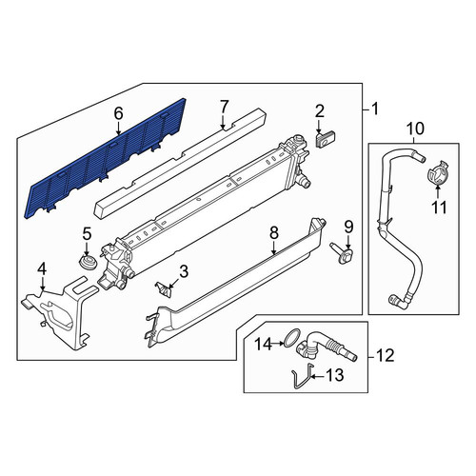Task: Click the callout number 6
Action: pos(118,113)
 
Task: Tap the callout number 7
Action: pos(224,107)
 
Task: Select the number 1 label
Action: pos(375,109)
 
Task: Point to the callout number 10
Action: pos(415,129)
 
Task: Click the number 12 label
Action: pos(385,355)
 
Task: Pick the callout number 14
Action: pos(265,344)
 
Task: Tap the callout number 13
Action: pos(334,375)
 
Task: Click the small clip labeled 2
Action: pos(326,139)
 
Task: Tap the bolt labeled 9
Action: pos(340,256)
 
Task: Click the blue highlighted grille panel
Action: pos(105,159)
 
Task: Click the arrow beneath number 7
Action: pos(224,122)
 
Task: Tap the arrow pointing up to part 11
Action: pos(437,192)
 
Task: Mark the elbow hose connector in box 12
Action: pos(327,347)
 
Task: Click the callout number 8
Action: pos(274,233)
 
